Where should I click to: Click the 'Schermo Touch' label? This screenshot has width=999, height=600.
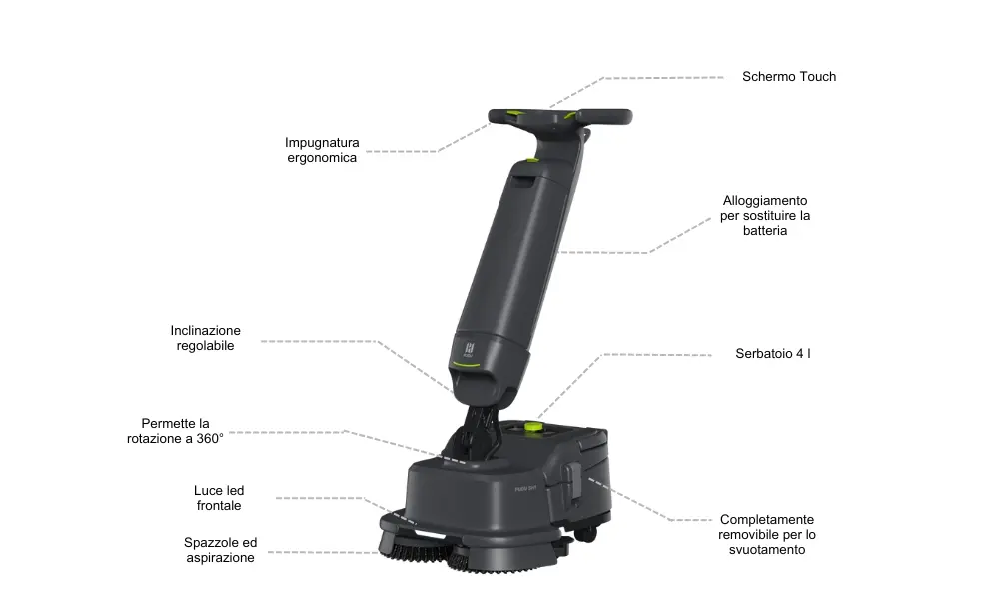pos(789,77)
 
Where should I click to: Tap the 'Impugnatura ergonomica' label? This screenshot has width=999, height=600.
pos(322,150)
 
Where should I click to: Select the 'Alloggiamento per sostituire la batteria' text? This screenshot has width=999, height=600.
pos(765,216)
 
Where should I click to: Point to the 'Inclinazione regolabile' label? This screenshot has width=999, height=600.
pos(205,338)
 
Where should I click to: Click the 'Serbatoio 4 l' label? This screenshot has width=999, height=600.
pos(773,353)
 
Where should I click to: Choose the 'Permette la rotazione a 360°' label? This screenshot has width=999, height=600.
pos(175,431)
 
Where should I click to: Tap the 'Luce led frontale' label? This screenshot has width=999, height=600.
pos(219,498)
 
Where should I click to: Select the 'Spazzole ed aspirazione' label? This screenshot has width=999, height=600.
pos(221,550)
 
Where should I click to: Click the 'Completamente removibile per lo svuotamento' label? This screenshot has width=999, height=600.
pos(767,534)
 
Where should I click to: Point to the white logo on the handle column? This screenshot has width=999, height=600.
pos(469,350)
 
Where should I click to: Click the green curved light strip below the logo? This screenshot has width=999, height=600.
pos(466,365)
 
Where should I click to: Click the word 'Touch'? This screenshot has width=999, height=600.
pos(818,77)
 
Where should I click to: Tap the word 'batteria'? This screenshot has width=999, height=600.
pos(765,231)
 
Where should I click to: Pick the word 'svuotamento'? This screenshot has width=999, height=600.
pos(767,550)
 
